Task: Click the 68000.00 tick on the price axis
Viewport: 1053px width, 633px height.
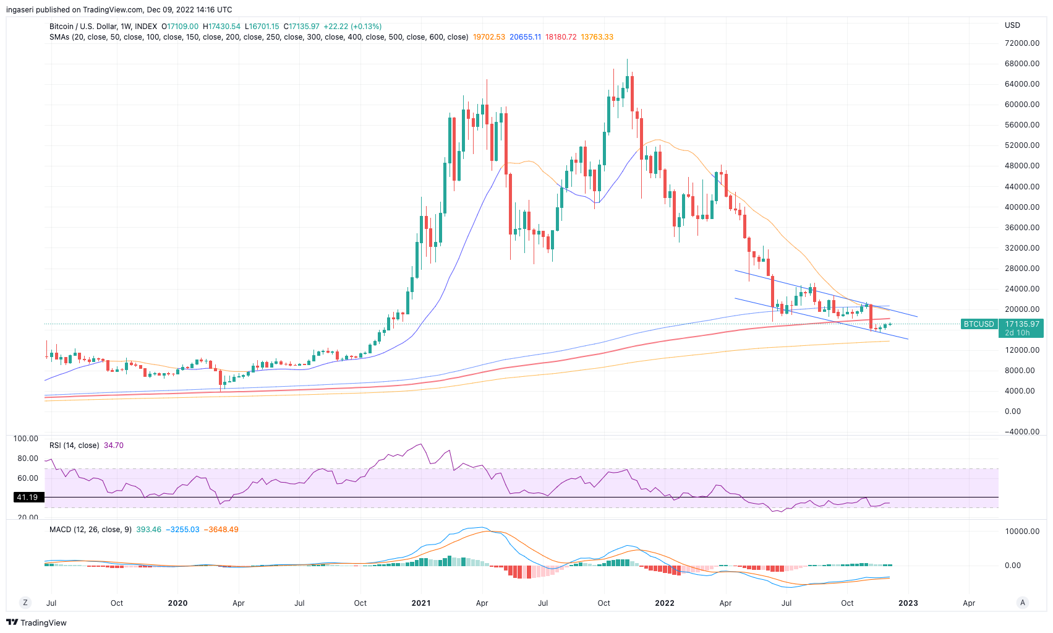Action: pyautogui.click(x=1021, y=64)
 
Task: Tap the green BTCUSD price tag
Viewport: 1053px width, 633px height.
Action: pyautogui.click(x=979, y=324)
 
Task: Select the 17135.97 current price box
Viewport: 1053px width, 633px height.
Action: pyautogui.click(x=1021, y=324)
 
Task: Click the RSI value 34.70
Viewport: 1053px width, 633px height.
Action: pyautogui.click(x=114, y=446)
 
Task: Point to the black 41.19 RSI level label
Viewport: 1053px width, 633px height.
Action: pyautogui.click(x=27, y=497)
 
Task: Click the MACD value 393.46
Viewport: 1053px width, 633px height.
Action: pyautogui.click(x=148, y=530)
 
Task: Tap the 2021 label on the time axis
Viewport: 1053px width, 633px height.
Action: pyautogui.click(x=421, y=603)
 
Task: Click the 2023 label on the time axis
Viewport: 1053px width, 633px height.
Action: pyautogui.click(x=908, y=603)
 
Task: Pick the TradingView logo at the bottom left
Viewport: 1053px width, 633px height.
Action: pyautogui.click(x=36, y=622)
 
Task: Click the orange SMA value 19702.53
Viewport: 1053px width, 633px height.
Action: pyautogui.click(x=488, y=37)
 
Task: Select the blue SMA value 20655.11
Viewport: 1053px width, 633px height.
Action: pyautogui.click(x=525, y=37)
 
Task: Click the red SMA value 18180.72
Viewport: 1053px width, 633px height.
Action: pyautogui.click(x=561, y=37)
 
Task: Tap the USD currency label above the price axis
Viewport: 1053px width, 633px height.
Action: pyautogui.click(x=1012, y=25)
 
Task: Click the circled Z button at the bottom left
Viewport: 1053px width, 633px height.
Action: pyautogui.click(x=25, y=603)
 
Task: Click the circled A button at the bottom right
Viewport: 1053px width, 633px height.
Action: pyautogui.click(x=1023, y=603)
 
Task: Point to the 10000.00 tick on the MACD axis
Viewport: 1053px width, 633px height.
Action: pyautogui.click(x=1021, y=532)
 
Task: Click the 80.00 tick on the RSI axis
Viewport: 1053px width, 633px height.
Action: pyautogui.click(x=28, y=459)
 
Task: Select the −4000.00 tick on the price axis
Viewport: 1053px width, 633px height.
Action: pyautogui.click(x=1021, y=432)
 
